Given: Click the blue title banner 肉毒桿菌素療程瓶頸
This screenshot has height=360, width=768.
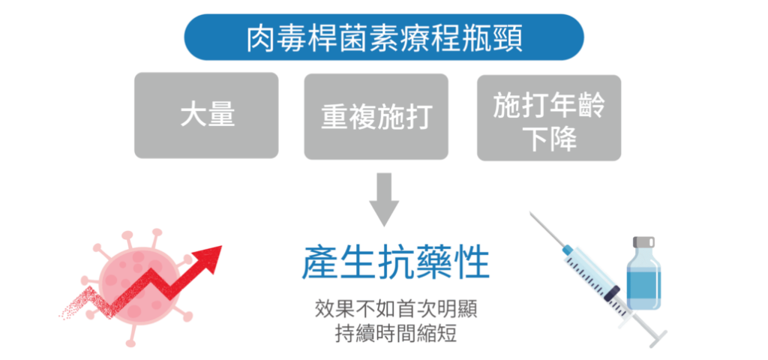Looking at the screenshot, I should point(383,37).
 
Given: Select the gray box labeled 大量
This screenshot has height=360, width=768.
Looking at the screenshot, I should point(205,115).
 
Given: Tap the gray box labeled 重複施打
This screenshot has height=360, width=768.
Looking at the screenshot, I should point(376,115).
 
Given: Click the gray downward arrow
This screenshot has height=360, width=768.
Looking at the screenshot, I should point(384,199).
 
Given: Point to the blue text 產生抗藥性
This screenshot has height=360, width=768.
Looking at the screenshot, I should point(396,263).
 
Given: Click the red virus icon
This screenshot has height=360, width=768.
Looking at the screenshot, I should point(139,281).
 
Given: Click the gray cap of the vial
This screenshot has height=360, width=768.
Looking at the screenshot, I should point(644,243).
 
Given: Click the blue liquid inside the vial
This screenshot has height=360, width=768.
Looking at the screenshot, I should point(644,289).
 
